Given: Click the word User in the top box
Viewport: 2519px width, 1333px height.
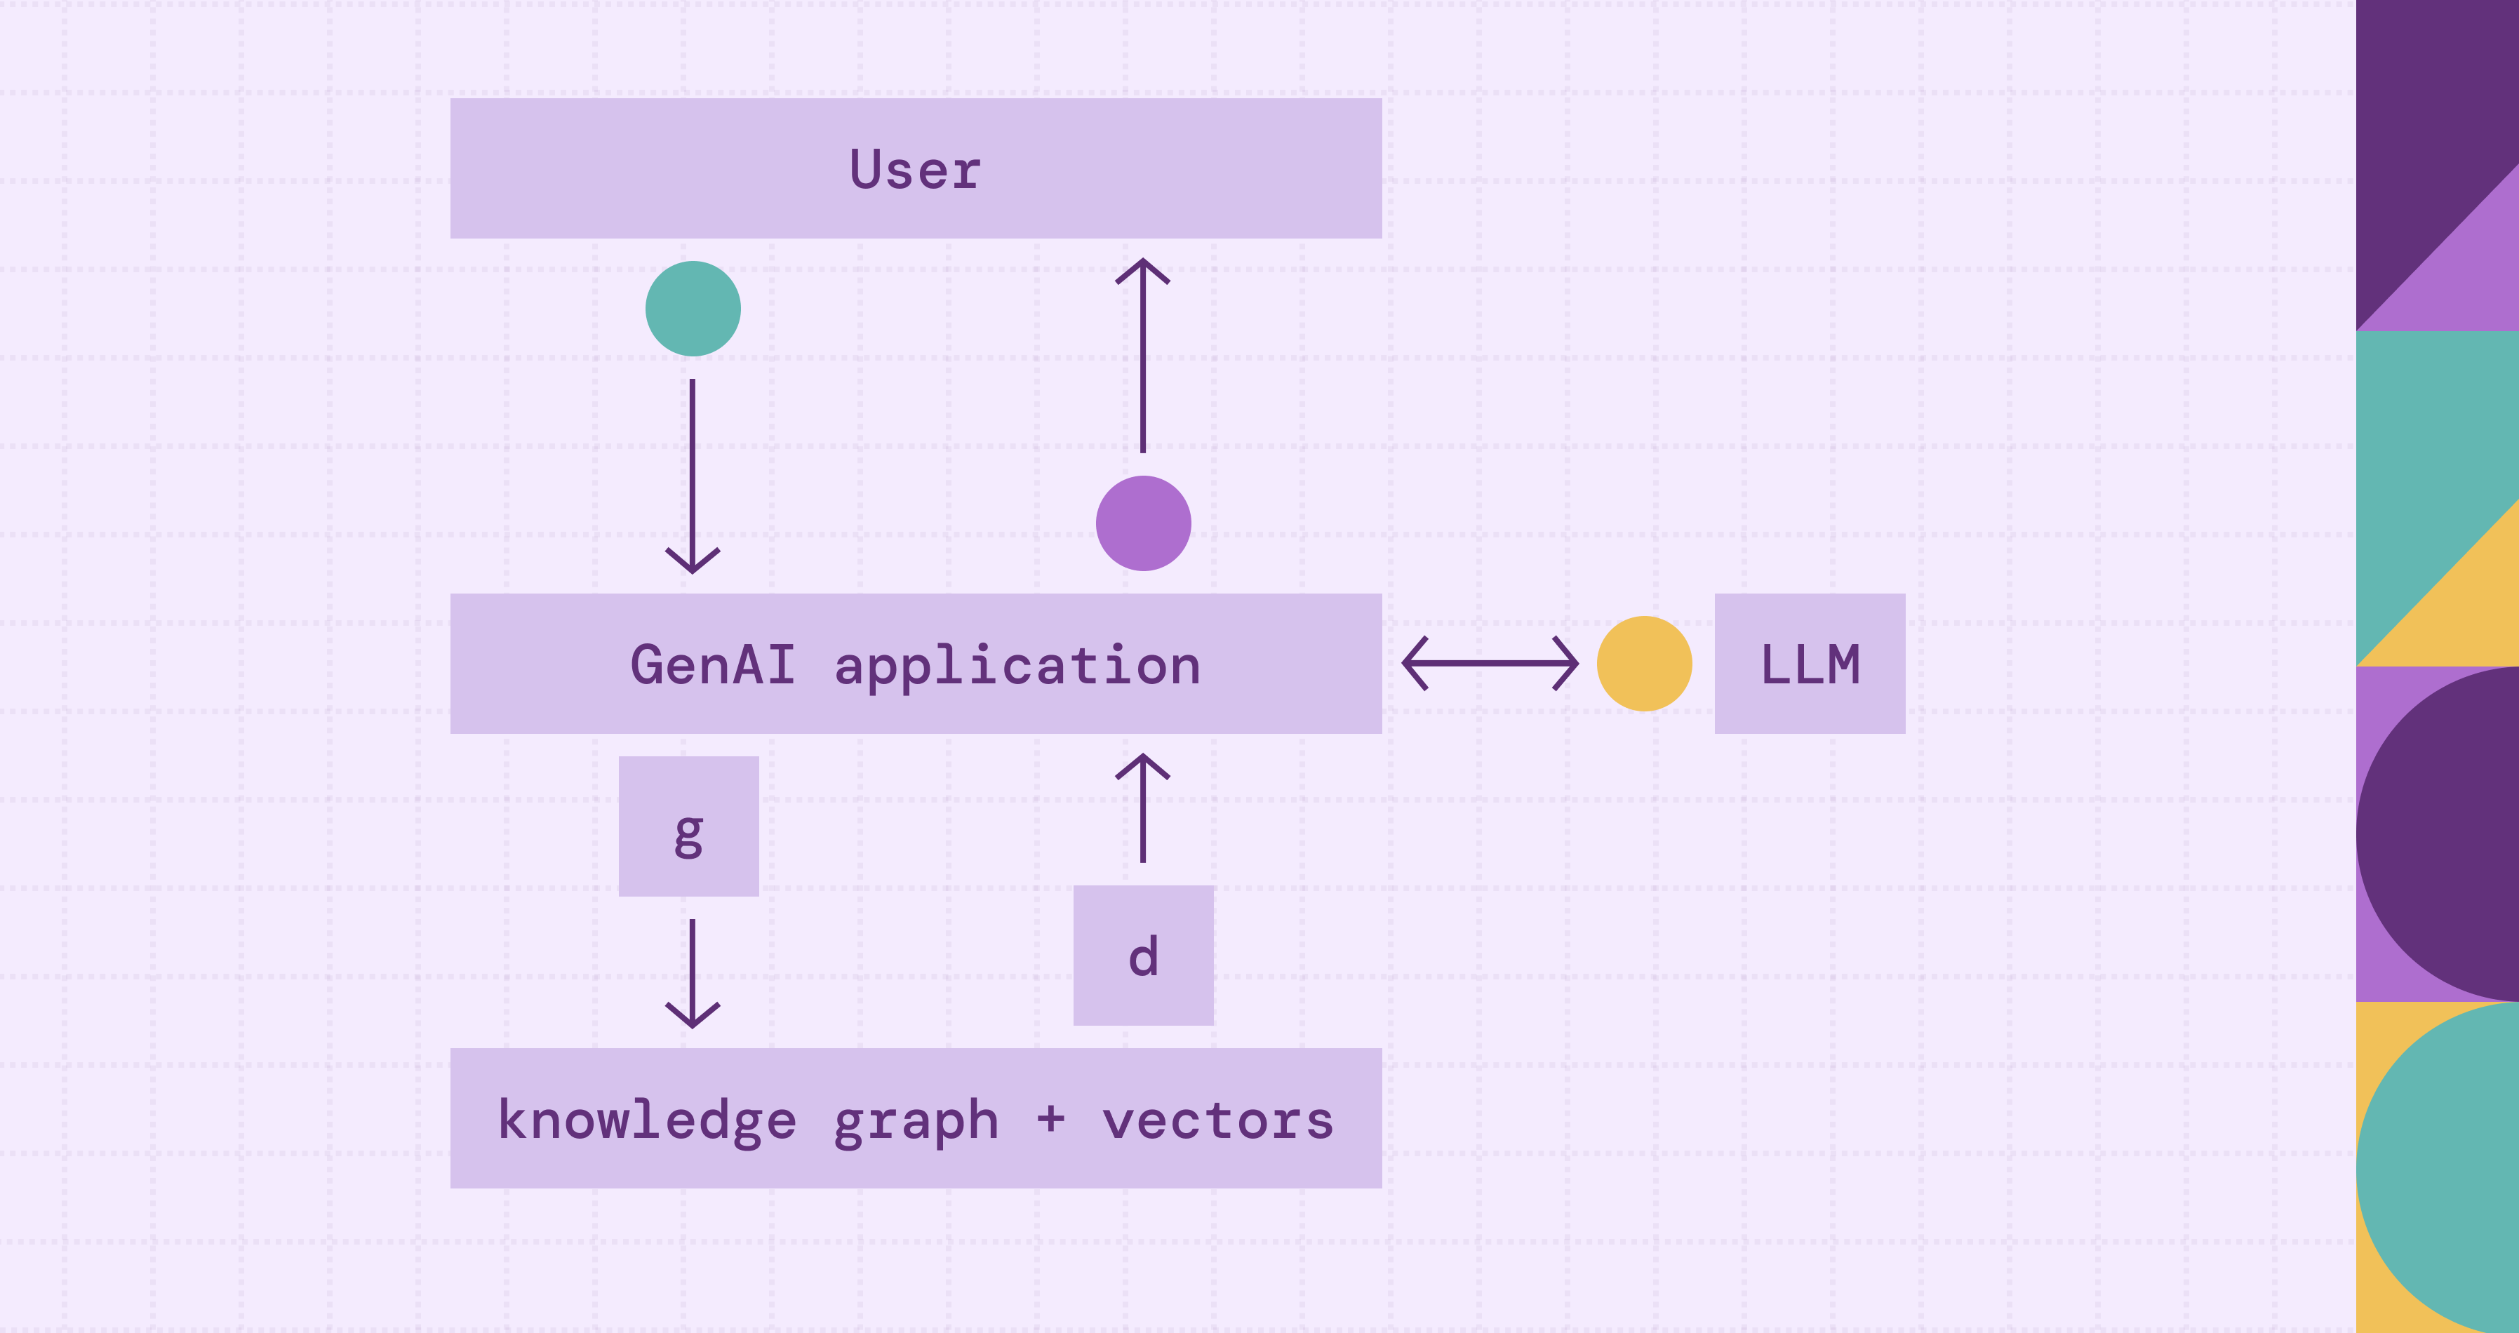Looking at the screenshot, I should [x=915, y=170].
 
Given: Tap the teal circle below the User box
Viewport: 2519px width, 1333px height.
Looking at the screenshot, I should [x=693, y=309].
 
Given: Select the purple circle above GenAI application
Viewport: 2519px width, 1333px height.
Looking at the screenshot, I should [x=1143, y=523].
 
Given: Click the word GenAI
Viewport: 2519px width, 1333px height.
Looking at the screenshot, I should [x=713, y=665].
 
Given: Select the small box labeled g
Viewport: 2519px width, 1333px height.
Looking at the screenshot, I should [x=688, y=826].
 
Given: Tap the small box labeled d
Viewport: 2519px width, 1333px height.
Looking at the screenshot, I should [x=1143, y=956].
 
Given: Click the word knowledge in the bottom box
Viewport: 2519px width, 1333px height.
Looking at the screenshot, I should [x=648, y=1120].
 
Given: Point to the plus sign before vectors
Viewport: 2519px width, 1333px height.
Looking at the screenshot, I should [x=1050, y=1118].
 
